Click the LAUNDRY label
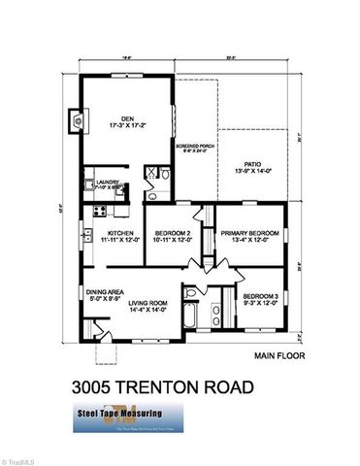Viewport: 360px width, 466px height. [107, 181]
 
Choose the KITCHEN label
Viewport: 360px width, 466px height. [120, 232]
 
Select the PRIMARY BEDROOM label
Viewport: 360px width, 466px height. [249, 233]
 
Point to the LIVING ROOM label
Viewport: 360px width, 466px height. [155, 302]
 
